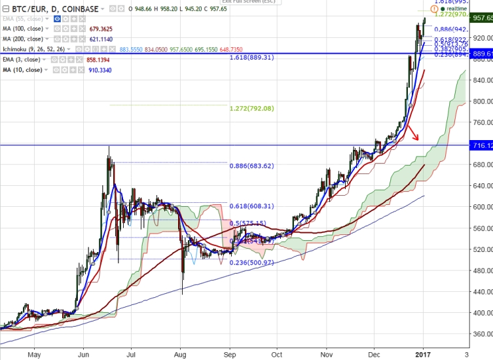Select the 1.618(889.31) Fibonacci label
(x=251, y=58)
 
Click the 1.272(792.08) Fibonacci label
(x=251, y=109)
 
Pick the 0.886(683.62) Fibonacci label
(x=251, y=166)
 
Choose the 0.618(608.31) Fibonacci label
(x=251, y=206)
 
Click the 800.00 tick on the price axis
(x=480, y=101)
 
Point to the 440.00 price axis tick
(x=480, y=292)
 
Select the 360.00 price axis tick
(x=480, y=334)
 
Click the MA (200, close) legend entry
(x=24, y=39)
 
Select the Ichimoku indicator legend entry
(x=36, y=49)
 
